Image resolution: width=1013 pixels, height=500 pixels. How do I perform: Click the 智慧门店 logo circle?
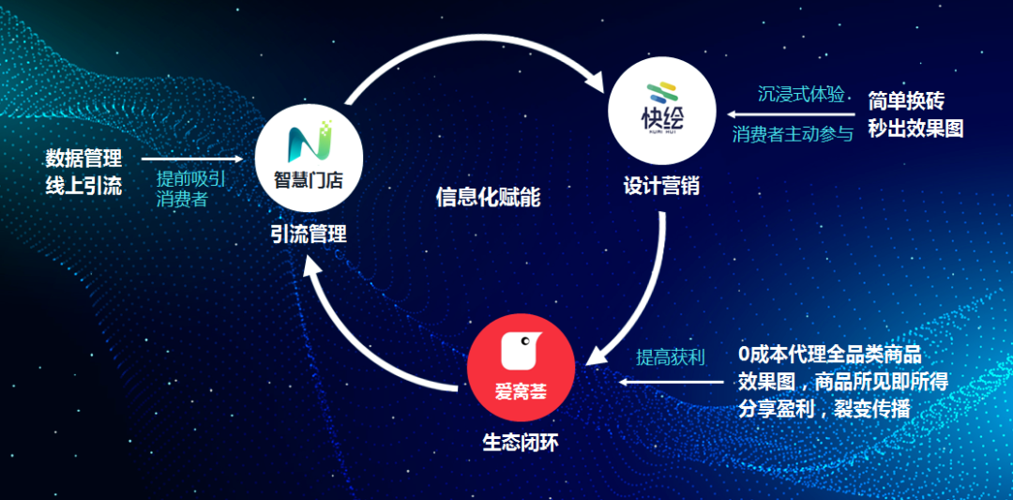coord(309,159)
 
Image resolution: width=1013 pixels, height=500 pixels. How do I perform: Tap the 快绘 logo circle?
coord(662,111)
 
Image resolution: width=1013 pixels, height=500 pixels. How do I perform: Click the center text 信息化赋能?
coord(488,198)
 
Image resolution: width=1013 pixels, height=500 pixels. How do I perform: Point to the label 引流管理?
coord(309,234)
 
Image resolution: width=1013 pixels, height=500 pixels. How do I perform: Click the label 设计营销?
coord(661,186)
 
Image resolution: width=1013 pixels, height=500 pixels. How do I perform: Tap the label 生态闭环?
coord(521,443)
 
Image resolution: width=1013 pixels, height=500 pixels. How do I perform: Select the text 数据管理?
coord(84,158)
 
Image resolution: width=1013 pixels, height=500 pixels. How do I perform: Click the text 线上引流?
coord(84,187)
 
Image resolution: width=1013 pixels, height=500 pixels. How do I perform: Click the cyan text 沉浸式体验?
coord(802,95)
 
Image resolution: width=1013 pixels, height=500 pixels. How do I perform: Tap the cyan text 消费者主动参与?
coord(793,134)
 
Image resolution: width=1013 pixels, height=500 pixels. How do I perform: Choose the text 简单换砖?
coord(906,100)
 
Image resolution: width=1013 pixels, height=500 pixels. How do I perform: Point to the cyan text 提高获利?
coord(671,356)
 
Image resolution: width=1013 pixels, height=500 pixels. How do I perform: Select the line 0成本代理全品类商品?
coord(829,354)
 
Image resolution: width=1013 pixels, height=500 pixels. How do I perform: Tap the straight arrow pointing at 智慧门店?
coord(192,159)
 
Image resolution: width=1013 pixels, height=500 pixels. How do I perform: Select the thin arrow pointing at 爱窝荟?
coord(672,382)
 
